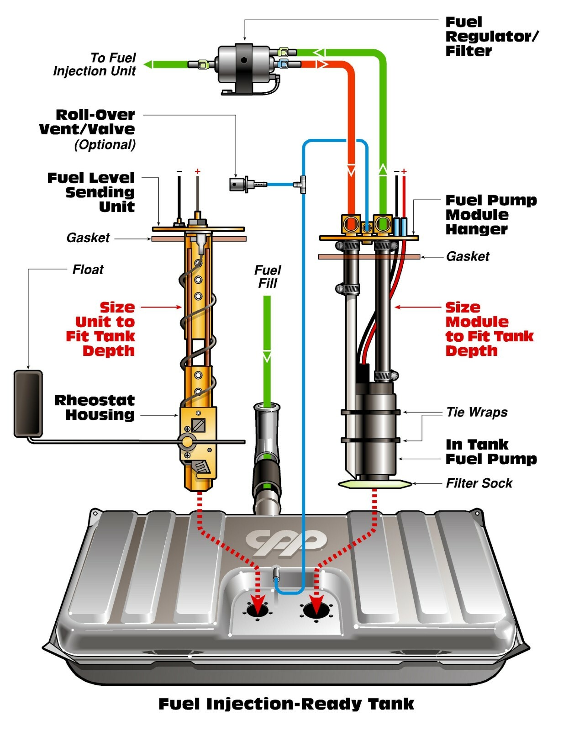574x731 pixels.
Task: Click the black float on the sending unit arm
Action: coord(28,403)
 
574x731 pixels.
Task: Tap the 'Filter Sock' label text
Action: coord(479,483)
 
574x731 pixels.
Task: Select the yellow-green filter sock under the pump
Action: coord(374,484)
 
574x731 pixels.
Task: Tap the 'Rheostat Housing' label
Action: coord(95,407)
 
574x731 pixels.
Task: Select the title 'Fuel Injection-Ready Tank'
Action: coord(286,704)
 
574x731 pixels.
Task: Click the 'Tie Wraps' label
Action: coord(477,412)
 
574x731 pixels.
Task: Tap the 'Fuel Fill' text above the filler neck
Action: coord(268,276)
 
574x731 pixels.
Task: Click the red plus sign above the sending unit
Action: coord(198,172)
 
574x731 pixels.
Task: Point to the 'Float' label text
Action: coord(88,270)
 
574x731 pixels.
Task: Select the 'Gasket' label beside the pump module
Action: coord(468,256)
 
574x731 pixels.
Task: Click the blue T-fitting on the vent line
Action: coord(302,184)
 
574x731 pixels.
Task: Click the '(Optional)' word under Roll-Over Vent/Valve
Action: coord(105,145)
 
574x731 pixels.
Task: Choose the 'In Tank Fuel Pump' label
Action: coord(491,451)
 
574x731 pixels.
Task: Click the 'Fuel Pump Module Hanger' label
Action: coord(491,215)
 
